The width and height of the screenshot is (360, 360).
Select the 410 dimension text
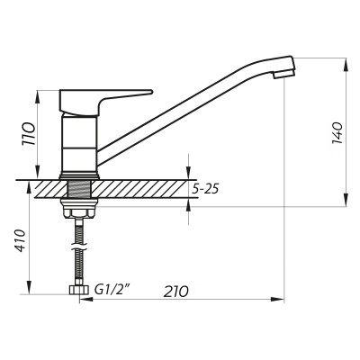tap(29, 241)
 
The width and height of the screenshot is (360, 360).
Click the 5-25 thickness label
tap(207, 190)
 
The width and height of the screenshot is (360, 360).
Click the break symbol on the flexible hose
tap(80, 236)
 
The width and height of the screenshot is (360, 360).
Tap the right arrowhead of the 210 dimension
tap(279, 298)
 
